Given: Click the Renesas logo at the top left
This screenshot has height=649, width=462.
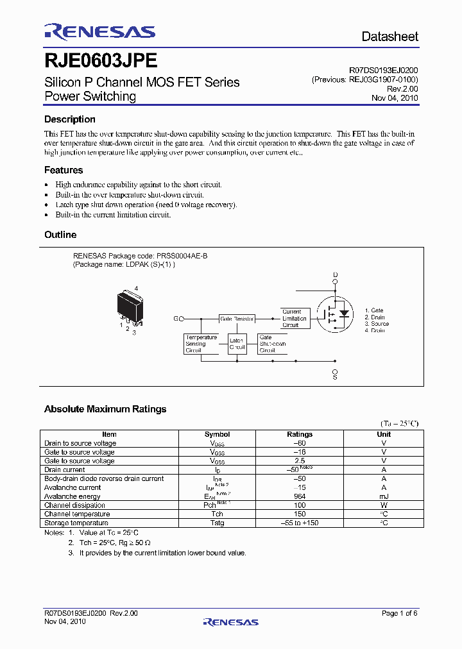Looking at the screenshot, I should click(99, 31).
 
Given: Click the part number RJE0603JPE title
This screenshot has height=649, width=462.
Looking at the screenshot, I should click(101, 61).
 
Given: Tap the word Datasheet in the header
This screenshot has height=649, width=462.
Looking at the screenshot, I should click(389, 37).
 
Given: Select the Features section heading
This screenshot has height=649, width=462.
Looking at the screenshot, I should click(64, 170).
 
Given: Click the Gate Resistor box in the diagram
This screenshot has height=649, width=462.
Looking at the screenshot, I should click(237, 318).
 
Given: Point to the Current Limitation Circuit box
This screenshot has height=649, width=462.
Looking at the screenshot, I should click(294, 318).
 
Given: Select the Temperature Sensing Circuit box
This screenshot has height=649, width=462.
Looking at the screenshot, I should click(201, 344).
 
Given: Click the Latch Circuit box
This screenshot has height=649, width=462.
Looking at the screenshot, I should click(237, 344).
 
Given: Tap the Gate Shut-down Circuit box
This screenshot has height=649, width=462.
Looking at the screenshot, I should click(273, 344).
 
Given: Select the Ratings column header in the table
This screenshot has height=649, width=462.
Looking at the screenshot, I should click(300, 434).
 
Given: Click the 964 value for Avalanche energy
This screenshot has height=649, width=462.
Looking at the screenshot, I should click(300, 496).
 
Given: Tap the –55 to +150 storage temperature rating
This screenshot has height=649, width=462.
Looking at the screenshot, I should click(300, 523).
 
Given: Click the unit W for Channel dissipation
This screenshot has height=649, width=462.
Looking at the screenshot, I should click(384, 505).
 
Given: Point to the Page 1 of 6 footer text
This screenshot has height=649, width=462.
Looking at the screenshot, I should click(400, 614).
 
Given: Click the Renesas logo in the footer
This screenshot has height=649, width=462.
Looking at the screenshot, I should click(230, 622).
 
